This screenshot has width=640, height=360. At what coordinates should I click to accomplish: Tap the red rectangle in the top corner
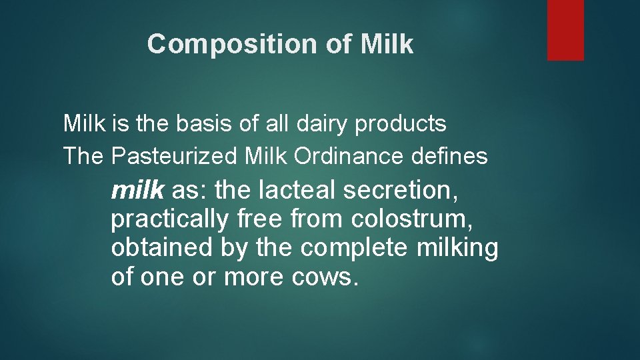(565, 30)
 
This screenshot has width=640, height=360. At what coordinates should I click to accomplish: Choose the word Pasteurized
(183, 157)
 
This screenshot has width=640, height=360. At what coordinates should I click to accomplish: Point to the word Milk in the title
(387, 45)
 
